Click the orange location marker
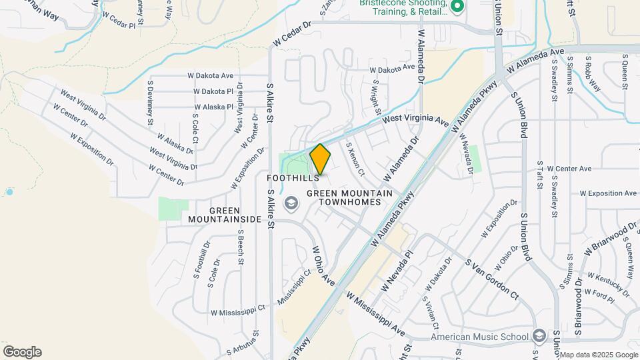tap(320, 159)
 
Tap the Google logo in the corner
tap(22, 352)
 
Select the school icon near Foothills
tap(291, 203)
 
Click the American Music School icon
tap(540, 335)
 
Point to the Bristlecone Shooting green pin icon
tap(457, 8)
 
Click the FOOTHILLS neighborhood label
tap(288, 179)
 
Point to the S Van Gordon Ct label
tap(493, 278)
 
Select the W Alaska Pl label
tap(213, 107)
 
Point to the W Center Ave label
tap(569, 169)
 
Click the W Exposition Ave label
tap(608, 193)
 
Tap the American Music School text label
tap(479, 336)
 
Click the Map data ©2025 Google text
tap(599, 355)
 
